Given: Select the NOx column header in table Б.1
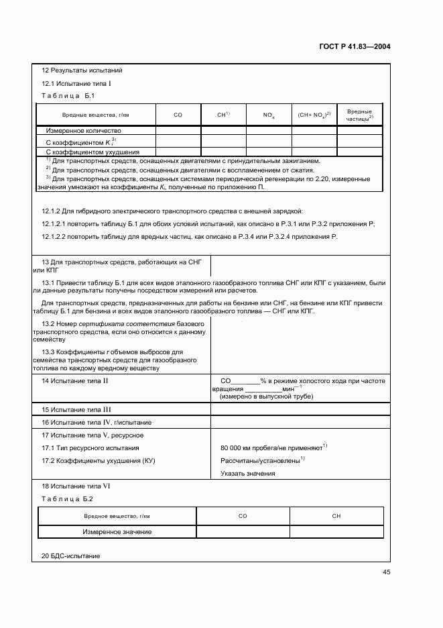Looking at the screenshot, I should pyautogui.click(x=268, y=115).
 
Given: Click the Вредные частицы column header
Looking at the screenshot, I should pyautogui.click(x=359, y=115).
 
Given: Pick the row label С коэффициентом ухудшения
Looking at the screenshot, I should pyautogui.click(x=87, y=152).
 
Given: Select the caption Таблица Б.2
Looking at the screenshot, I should pyautogui.click(x=67, y=499).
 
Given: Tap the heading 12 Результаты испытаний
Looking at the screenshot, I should pyautogui.click(x=82, y=70).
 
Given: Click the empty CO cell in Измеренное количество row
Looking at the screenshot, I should pyautogui.click(x=178, y=131).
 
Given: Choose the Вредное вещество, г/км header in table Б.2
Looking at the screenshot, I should pyautogui.click(x=117, y=516).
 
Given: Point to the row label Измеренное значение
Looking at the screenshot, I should pyautogui.click(x=117, y=532).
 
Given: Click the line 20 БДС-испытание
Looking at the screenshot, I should pyautogui.click(x=70, y=557).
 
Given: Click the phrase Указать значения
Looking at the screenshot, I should pyautogui.click(x=247, y=474).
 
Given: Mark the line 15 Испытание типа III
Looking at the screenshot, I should pyautogui.click(x=76, y=409).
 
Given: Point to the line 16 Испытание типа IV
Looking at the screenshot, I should pyautogui.click(x=97, y=423).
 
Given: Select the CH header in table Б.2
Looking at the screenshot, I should pyautogui.click(x=336, y=516).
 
